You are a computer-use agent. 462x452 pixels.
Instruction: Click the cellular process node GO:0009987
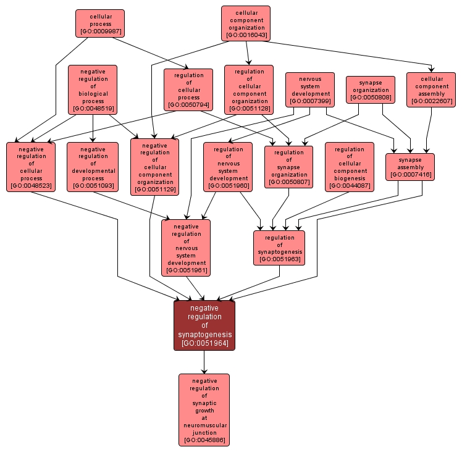[x=100, y=23]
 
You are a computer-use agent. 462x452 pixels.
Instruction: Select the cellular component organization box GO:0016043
[x=246, y=23]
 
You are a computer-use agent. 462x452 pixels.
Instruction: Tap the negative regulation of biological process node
[x=93, y=90]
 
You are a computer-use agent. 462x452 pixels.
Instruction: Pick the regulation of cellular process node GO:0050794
[x=188, y=90]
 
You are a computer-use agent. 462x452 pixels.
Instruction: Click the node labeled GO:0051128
[x=249, y=90]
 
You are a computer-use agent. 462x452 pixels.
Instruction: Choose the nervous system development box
[x=310, y=90]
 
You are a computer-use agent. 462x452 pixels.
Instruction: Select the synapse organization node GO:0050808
[x=371, y=90]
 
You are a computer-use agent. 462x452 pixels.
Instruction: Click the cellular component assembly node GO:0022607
[x=431, y=90]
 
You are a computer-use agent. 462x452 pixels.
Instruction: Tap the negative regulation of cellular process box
[x=31, y=167]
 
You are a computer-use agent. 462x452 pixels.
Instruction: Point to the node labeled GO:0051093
[x=93, y=167]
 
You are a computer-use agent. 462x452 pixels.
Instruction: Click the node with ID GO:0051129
[x=154, y=167]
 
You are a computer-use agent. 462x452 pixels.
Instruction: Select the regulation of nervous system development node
[x=228, y=167]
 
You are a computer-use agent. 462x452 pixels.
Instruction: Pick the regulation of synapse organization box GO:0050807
[x=288, y=167]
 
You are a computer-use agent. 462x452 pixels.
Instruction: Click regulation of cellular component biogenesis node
[x=350, y=167]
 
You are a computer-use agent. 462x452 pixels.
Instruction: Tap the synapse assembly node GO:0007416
[x=410, y=167]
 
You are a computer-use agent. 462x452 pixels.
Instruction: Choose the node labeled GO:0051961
[x=186, y=248]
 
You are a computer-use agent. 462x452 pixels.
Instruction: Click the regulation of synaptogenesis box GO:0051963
[x=279, y=248]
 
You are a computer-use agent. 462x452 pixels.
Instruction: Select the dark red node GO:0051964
[x=204, y=325]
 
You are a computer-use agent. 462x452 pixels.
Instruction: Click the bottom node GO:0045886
[x=204, y=409]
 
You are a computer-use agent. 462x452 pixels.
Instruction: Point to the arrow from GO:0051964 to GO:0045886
[x=204, y=362]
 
